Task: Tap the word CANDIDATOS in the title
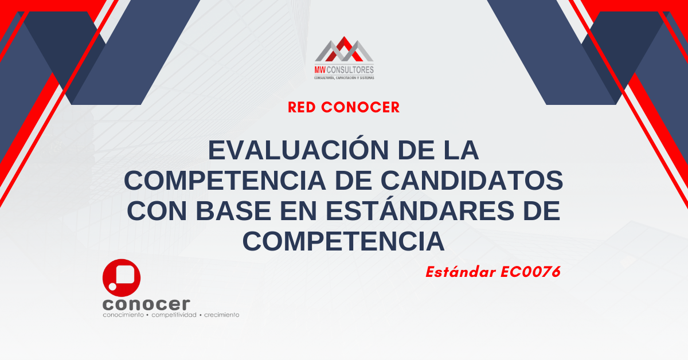point(472,181)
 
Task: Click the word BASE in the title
point(233,211)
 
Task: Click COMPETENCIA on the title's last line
point(343,241)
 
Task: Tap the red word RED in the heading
point(302,108)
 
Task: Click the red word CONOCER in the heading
point(360,108)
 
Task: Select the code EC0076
point(530,272)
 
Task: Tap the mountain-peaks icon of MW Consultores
point(344,49)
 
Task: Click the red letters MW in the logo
point(320,70)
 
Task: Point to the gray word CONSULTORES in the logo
point(350,70)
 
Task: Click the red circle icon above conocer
point(122,278)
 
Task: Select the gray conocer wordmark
point(146,304)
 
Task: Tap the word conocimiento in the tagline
point(123,315)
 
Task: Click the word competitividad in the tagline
point(174,315)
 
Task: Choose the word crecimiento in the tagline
point(221,315)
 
